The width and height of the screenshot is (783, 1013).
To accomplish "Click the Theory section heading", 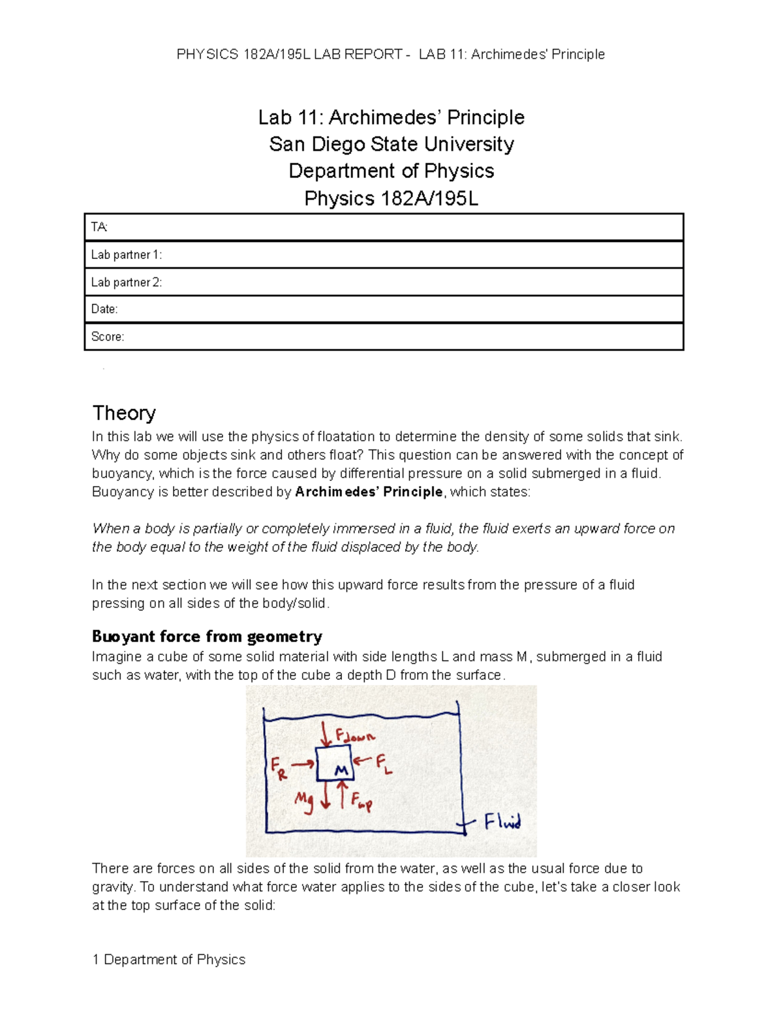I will (124, 413).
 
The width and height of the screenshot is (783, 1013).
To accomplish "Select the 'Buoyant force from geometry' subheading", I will (207, 636).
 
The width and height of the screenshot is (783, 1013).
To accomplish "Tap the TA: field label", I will (99, 227).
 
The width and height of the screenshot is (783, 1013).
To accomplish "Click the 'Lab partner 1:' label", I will (126, 254).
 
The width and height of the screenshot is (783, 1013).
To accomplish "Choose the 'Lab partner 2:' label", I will (126, 282).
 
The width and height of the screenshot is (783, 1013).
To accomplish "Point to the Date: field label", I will (104, 309).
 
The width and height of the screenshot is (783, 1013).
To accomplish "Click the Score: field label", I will (107, 337).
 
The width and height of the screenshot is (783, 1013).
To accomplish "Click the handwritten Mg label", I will (304, 800).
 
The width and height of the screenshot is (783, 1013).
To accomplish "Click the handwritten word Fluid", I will (502, 821).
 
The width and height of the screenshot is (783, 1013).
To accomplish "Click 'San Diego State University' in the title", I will (391, 144).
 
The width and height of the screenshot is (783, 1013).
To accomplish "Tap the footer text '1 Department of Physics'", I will (169, 959).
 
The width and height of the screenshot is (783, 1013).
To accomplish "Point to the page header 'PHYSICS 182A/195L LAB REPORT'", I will (290, 54).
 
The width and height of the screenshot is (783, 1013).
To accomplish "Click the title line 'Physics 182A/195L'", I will (391, 198).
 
